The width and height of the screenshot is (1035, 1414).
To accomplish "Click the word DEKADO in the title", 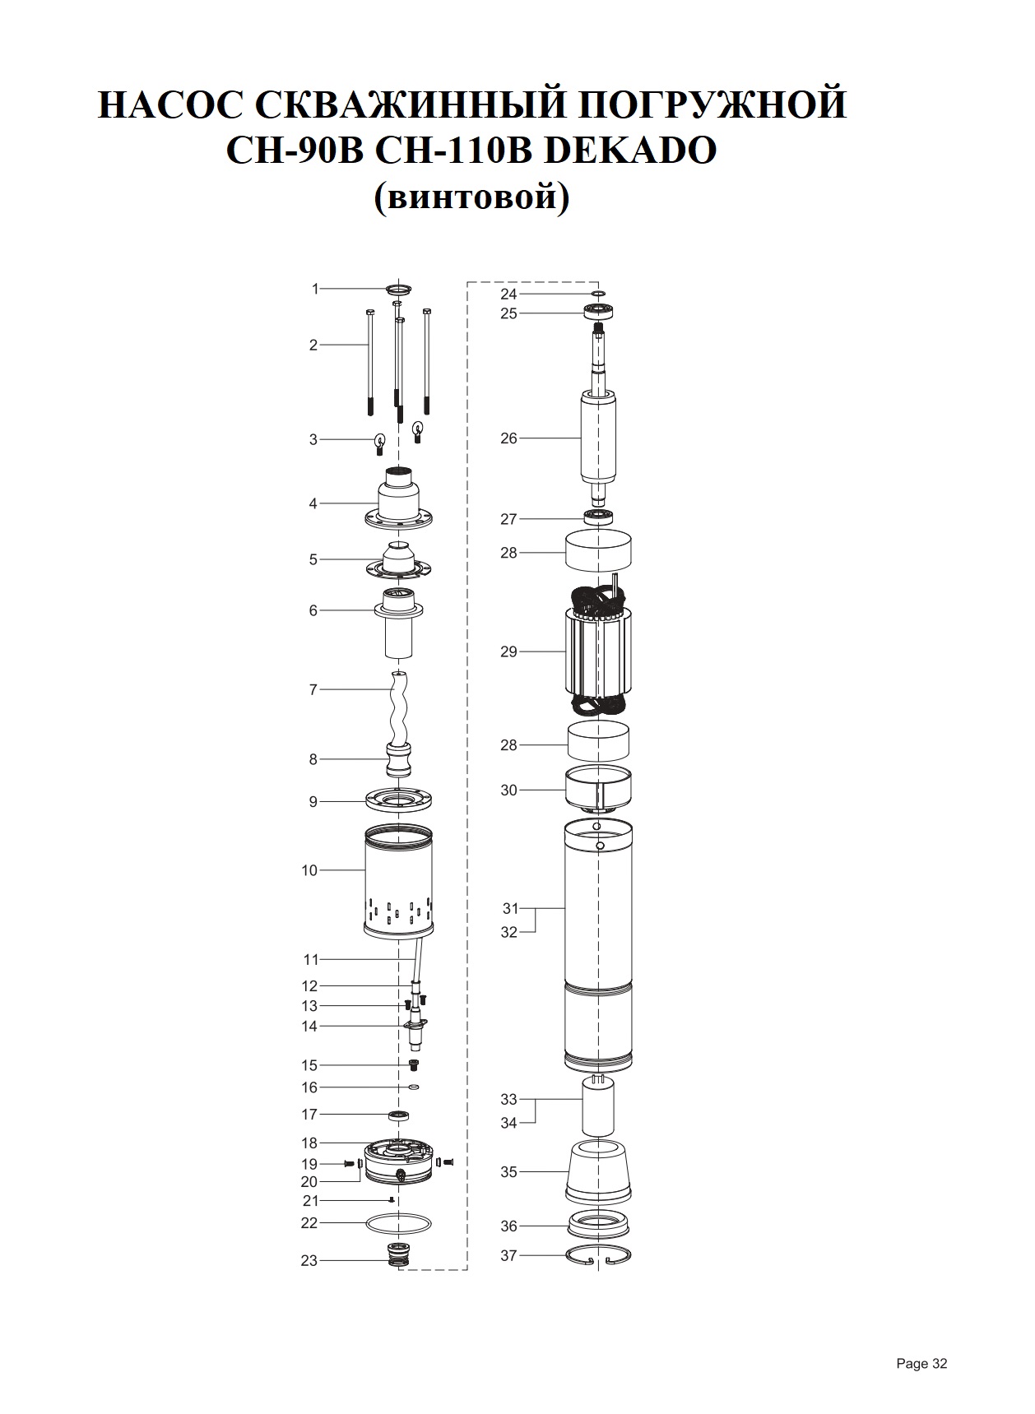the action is pos(631,151).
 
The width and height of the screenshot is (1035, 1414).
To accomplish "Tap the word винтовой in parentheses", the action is pos(471,198).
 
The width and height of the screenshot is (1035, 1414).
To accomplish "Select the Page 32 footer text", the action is pos(921,1363).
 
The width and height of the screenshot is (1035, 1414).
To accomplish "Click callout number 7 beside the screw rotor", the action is pos(313,689).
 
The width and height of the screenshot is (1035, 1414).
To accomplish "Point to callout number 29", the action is pos(508,651).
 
